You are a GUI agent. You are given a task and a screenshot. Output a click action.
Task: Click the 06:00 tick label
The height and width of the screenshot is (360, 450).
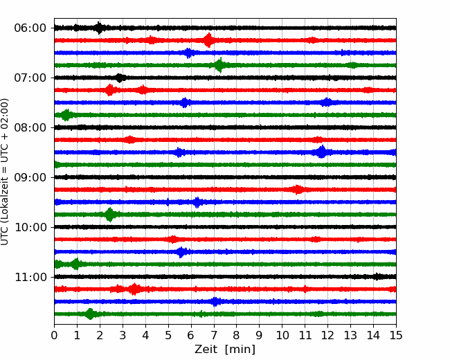(30, 28)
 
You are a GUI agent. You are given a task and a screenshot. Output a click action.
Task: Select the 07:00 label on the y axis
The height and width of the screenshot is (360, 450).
(30, 78)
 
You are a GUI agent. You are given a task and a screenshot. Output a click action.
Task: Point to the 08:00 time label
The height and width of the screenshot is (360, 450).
(30, 127)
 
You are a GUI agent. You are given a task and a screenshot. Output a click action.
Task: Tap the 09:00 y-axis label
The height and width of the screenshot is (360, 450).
(30, 177)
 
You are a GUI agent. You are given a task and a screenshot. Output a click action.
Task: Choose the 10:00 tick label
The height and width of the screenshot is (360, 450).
(30, 227)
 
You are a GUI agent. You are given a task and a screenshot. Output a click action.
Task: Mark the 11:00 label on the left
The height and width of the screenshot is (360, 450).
(30, 277)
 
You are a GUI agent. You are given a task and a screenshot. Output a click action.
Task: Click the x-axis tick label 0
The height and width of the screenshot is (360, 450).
(54, 335)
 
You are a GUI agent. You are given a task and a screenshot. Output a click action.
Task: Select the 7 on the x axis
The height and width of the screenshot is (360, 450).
(214, 335)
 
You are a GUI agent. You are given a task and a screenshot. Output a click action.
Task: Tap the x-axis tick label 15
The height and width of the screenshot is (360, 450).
(396, 335)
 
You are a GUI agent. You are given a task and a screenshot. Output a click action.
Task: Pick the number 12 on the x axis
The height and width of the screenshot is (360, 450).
(327, 335)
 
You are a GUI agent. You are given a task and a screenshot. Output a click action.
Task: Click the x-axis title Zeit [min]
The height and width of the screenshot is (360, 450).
(225, 350)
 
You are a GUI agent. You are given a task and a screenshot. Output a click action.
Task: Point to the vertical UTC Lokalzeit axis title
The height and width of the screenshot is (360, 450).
(4, 172)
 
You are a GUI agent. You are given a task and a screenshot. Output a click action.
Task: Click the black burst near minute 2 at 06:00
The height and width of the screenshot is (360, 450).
(99, 28)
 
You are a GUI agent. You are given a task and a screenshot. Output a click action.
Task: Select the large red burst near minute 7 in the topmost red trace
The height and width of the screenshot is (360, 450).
(208, 40)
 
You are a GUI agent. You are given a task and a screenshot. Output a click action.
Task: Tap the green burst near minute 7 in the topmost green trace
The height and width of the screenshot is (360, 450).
(220, 65)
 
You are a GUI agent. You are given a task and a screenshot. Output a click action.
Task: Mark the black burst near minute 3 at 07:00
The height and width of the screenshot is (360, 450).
(120, 78)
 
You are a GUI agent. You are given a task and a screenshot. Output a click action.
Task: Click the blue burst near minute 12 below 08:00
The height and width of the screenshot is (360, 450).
(322, 152)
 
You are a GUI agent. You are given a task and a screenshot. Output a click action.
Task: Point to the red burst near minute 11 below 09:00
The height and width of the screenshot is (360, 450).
(297, 190)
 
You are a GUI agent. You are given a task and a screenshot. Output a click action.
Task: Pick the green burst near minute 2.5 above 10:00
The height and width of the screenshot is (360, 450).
(109, 215)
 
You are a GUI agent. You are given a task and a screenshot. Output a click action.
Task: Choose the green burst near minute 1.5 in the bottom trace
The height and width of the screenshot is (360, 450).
(91, 314)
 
